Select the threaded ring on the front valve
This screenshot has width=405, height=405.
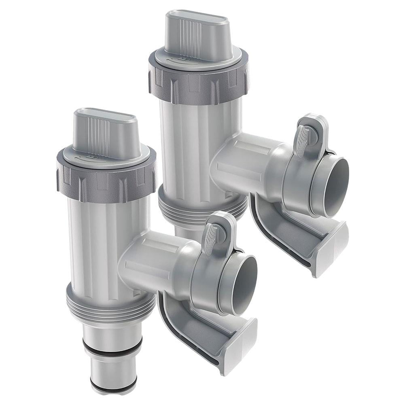pos(109,301)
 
